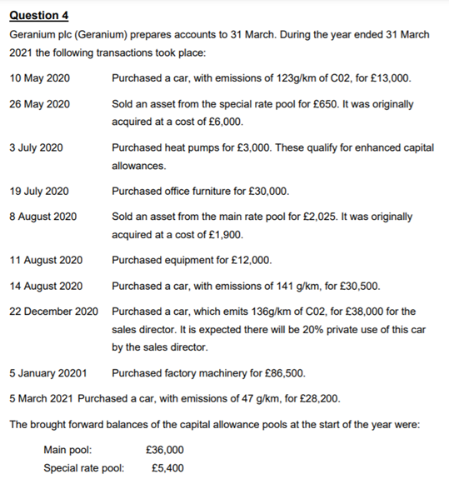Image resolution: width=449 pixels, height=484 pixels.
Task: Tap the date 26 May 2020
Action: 39,104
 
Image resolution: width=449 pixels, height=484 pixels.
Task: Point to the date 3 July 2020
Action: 36,147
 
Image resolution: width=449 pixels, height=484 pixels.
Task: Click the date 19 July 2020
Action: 38,191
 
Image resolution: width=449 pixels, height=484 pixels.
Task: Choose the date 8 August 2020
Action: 42,216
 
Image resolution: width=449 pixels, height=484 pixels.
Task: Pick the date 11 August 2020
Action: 45,259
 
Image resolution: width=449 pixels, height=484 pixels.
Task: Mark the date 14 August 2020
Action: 45,286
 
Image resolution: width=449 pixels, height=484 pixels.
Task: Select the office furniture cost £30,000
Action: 268,191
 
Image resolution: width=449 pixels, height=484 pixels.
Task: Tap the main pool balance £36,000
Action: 164,450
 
